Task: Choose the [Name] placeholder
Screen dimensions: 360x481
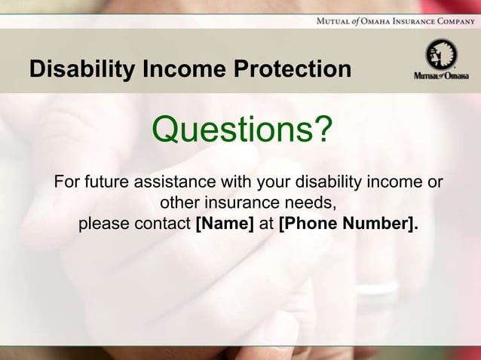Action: (225, 224)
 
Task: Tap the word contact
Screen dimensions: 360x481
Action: (161, 224)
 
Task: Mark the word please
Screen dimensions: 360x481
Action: (103, 224)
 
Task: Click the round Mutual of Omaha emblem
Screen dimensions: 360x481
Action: (441, 55)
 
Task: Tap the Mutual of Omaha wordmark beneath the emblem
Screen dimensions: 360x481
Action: (441, 76)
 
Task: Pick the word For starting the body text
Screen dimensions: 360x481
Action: (66, 182)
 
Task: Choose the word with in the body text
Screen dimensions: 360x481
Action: (235, 182)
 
